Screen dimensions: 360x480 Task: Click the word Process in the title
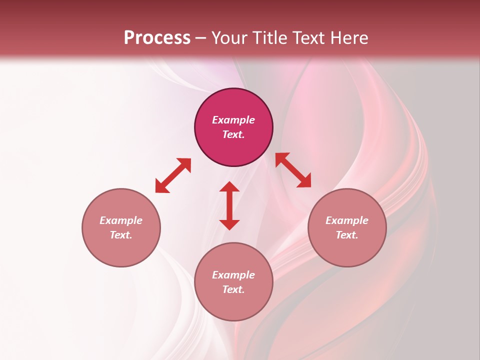pyautogui.click(x=157, y=38)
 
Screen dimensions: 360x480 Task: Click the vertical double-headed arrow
pyautogui.click(x=229, y=205)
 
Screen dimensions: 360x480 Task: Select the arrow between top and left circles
pyautogui.click(x=173, y=175)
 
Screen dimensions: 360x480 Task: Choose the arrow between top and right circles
pyautogui.click(x=293, y=170)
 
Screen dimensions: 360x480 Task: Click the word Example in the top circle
pyautogui.click(x=233, y=120)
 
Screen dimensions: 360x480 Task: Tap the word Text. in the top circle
pyautogui.click(x=233, y=134)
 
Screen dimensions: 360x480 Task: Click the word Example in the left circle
pyautogui.click(x=121, y=220)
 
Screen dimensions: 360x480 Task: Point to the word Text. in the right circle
pyautogui.click(x=347, y=235)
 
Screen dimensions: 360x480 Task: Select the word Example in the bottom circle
pyautogui.click(x=233, y=275)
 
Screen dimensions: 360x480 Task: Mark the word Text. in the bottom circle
pyautogui.click(x=233, y=289)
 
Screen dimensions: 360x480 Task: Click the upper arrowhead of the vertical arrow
pyautogui.click(x=229, y=187)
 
